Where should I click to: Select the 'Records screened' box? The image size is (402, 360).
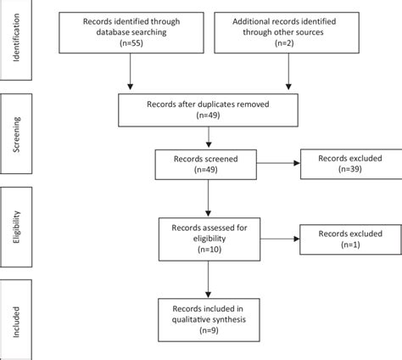(x=208, y=163)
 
